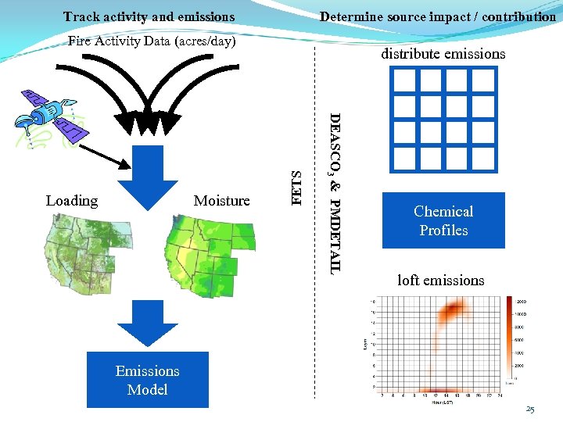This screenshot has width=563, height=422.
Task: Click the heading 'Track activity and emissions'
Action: pyautogui.click(x=149, y=16)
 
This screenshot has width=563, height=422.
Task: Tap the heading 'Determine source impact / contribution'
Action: pyautogui.click(x=438, y=16)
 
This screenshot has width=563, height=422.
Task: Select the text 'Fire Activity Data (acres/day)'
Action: pyautogui.click(x=152, y=41)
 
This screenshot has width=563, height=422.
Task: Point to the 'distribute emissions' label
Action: pyautogui.click(x=443, y=54)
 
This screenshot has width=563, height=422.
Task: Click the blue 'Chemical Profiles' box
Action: pyautogui.click(x=443, y=220)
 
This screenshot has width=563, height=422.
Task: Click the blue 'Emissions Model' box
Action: pyautogui.click(x=147, y=380)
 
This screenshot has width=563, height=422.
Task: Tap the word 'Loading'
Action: pyautogui.click(x=72, y=201)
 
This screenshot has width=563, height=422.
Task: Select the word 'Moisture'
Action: pyautogui.click(x=221, y=201)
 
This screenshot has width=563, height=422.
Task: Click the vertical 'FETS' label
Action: pyautogui.click(x=296, y=188)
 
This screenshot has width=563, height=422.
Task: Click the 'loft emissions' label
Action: pyautogui.click(x=440, y=280)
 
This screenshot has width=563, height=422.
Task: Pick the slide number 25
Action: pyautogui.click(x=530, y=409)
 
